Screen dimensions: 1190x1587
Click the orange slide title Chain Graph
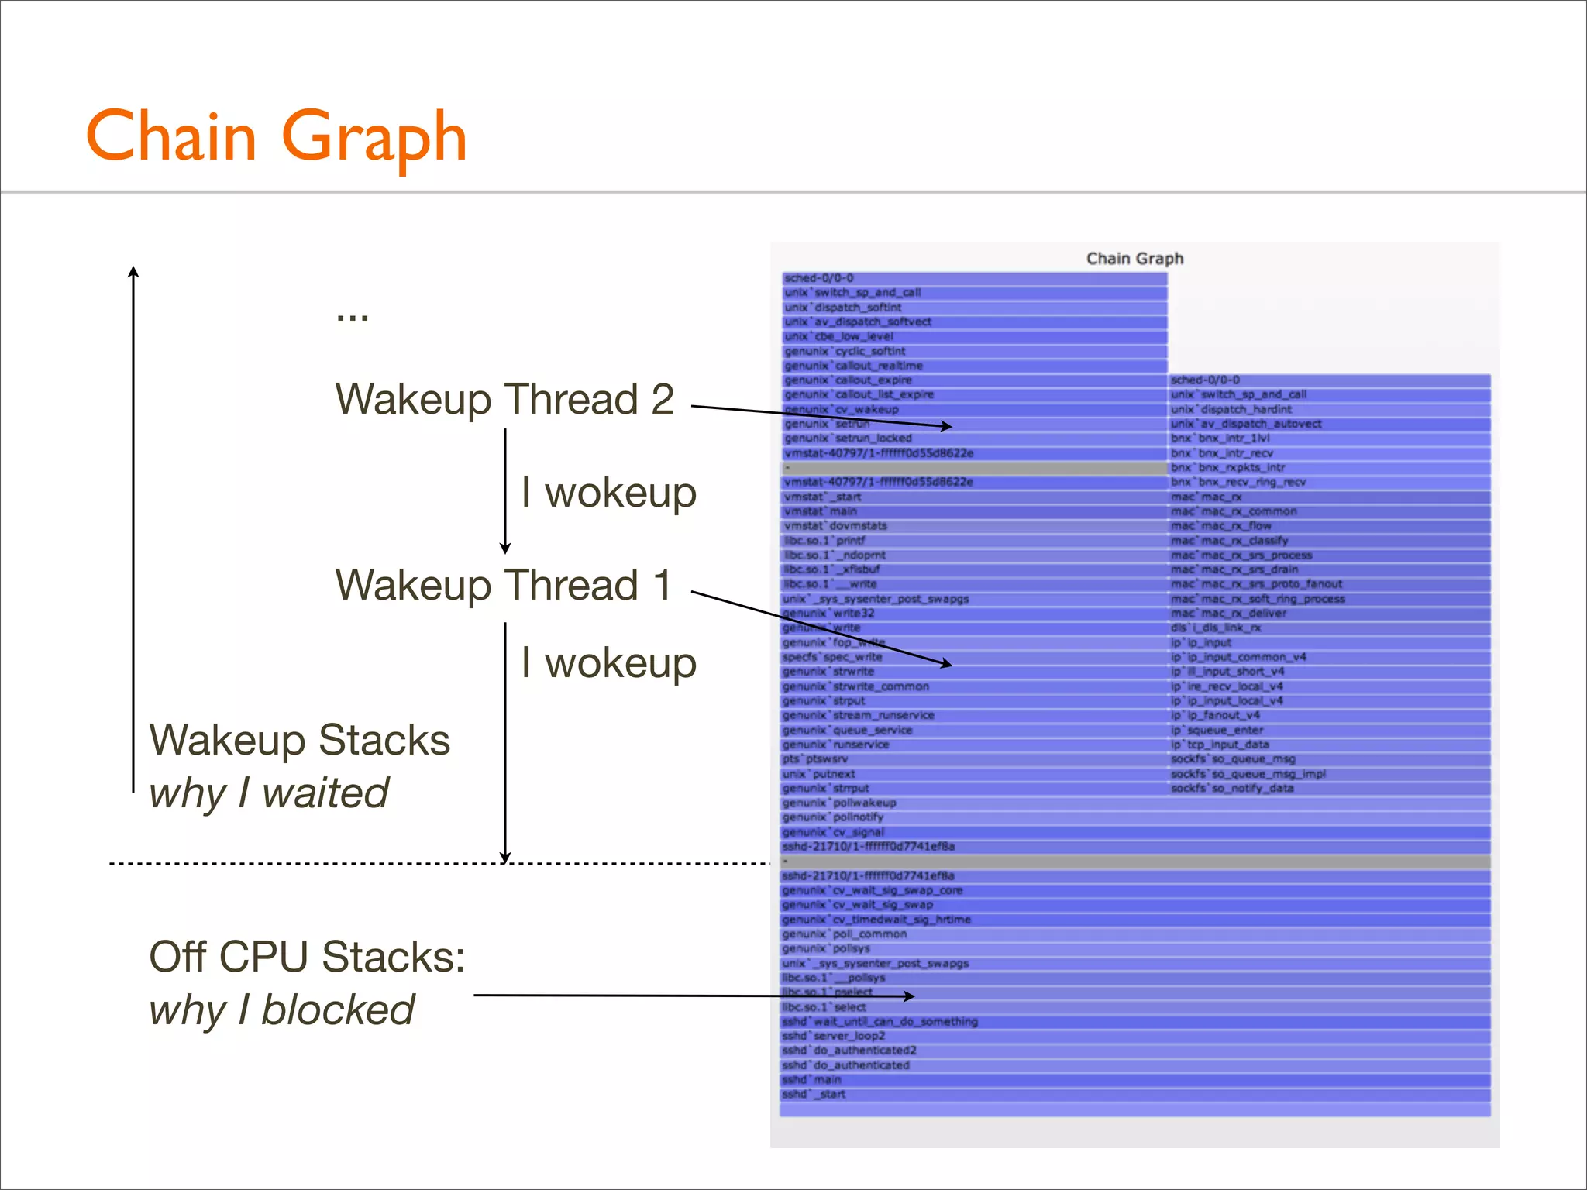[x=276, y=136]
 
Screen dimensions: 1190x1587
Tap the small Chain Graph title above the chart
[x=1134, y=259]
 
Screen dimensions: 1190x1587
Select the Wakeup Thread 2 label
[x=504, y=400]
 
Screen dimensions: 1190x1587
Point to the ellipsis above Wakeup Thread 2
[x=353, y=317]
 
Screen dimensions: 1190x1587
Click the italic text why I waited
[x=269, y=793]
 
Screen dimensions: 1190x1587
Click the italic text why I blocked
[x=281, y=1010]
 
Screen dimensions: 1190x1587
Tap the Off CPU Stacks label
[x=307, y=957]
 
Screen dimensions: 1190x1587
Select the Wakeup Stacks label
[x=299, y=740]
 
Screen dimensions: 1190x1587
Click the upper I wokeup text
[x=609, y=493]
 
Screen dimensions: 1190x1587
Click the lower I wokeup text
[x=609, y=663]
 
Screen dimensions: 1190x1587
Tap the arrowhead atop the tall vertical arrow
[x=133, y=270]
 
